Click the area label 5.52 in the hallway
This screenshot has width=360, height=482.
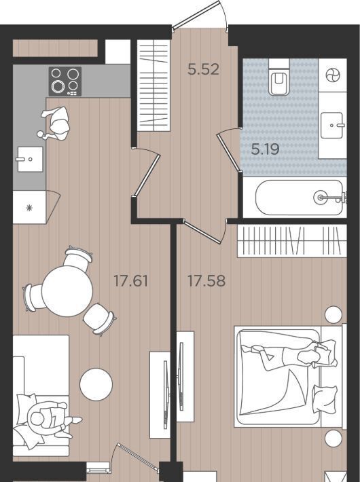pyautogui.click(x=203, y=69)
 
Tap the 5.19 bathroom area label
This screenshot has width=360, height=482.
pyautogui.click(x=265, y=149)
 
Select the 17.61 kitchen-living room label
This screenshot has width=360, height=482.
pyautogui.click(x=131, y=281)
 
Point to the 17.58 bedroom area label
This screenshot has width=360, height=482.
pyautogui.click(x=206, y=281)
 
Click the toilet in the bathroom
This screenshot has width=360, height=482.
pyautogui.click(x=278, y=77)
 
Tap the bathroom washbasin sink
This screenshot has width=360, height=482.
pyautogui.click(x=332, y=125)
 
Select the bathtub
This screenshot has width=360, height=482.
pyautogui.click(x=299, y=198)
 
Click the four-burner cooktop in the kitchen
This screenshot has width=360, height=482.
pyautogui.click(x=65, y=81)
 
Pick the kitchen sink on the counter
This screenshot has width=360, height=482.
pyautogui.click(x=30, y=159)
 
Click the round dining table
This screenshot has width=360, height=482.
pyautogui.click(x=67, y=291)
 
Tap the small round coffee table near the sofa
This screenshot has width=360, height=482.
pyautogui.click(x=96, y=384)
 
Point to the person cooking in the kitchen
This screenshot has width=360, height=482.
pyautogui.click(x=56, y=124)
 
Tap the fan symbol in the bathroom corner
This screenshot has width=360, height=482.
pyautogui.click(x=333, y=75)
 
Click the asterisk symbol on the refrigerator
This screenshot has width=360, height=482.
pyautogui.click(x=29, y=208)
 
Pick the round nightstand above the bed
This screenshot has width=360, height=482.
pyautogui.click(x=334, y=314)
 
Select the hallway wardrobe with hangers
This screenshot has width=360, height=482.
pyautogui.click(x=154, y=86)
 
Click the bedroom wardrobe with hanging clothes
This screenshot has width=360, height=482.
pyautogui.click(x=291, y=241)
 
